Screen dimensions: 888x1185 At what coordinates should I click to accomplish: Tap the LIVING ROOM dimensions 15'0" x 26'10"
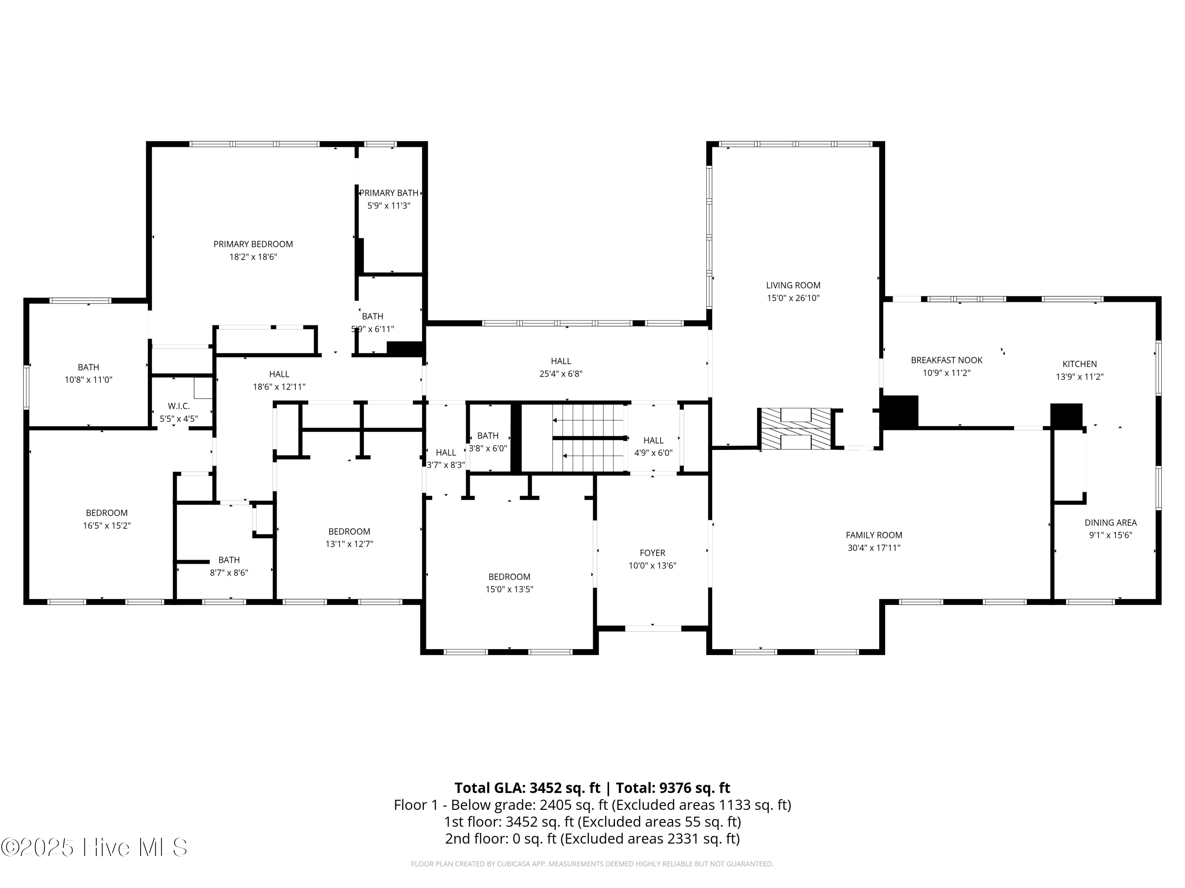tap(793, 298)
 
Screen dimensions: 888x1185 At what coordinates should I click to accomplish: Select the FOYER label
tap(652, 553)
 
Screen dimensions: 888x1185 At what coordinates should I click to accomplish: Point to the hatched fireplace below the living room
tap(796, 428)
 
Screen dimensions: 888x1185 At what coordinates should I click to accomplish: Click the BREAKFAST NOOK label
tap(946, 360)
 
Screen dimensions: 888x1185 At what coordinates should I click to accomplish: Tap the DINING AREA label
tap(1110, 523)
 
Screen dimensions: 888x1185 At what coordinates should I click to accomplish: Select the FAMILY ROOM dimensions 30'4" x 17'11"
tap(874, 547)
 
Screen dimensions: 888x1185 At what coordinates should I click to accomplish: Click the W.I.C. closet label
tap(179, 406)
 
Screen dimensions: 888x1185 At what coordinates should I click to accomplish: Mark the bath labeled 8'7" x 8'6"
tap(229, 566)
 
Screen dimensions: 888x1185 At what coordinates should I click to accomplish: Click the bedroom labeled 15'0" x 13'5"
tap(509, 583)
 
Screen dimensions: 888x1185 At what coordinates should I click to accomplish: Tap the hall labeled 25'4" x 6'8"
tap(561, 367)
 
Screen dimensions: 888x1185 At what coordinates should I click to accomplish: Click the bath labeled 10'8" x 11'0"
tap(88, 373)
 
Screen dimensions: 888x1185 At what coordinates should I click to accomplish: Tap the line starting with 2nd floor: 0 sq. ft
tap(592, 838)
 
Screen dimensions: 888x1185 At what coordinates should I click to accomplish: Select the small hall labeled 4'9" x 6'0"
tap(653, 446)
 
